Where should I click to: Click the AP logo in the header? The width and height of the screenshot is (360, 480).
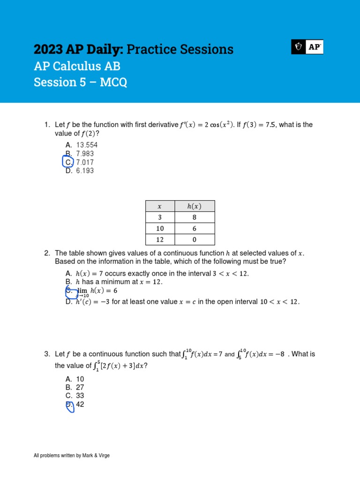(307, 47)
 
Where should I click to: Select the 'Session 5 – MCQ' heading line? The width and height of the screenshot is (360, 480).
(80, 82)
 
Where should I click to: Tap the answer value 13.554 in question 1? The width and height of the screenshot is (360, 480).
(87, 145)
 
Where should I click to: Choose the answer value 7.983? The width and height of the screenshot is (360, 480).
(85, 154)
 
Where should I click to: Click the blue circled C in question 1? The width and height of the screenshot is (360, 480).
(68, 162)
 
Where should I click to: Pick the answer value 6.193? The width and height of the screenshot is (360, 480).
(85, 171)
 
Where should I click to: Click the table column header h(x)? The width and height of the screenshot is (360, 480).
(195, 206)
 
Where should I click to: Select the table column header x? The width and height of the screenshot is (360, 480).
(159, 206)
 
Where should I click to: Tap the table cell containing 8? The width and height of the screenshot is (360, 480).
(195, 217)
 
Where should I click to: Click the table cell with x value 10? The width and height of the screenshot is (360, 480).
(159, 228)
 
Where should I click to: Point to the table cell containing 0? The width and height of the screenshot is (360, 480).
(195, 240)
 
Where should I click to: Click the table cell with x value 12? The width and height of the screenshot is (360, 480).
(159, 240)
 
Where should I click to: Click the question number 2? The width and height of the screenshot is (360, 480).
(47, 253)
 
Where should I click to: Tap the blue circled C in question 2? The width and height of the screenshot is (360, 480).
(70, 292)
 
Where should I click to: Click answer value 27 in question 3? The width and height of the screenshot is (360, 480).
(80, 387)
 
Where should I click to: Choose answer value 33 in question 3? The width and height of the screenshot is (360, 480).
(80, 396)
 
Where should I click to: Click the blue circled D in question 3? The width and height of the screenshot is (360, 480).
(69, 405)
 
